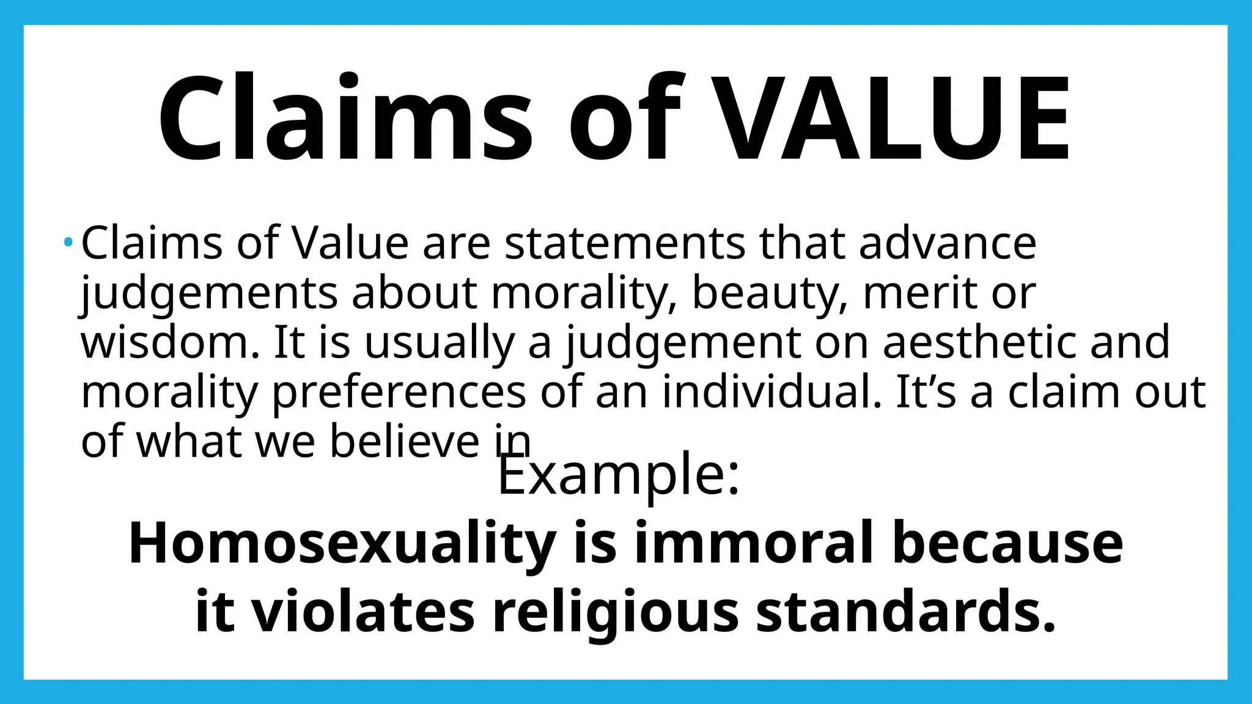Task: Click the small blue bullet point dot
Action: (68, 243)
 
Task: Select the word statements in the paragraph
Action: (624, 243)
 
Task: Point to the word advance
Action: (947, 243)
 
